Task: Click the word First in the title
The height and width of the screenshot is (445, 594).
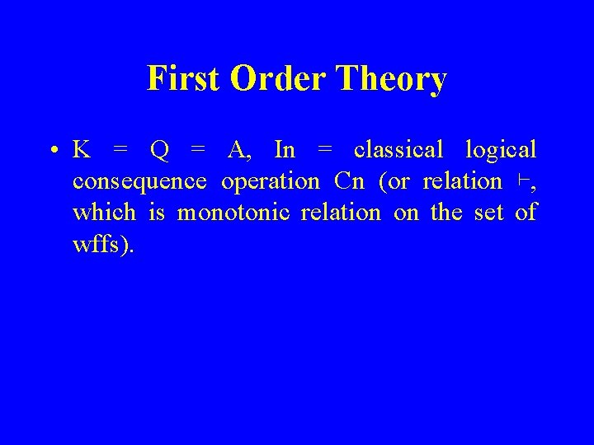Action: pos(183,79)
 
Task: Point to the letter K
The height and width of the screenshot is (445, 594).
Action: pos(82,150)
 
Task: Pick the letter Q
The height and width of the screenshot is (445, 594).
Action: pos(160,150)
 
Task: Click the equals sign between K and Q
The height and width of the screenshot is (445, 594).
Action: pos(120,151)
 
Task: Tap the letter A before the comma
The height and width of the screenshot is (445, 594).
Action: pos(236,150)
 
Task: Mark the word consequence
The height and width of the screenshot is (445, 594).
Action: pos(139,181)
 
